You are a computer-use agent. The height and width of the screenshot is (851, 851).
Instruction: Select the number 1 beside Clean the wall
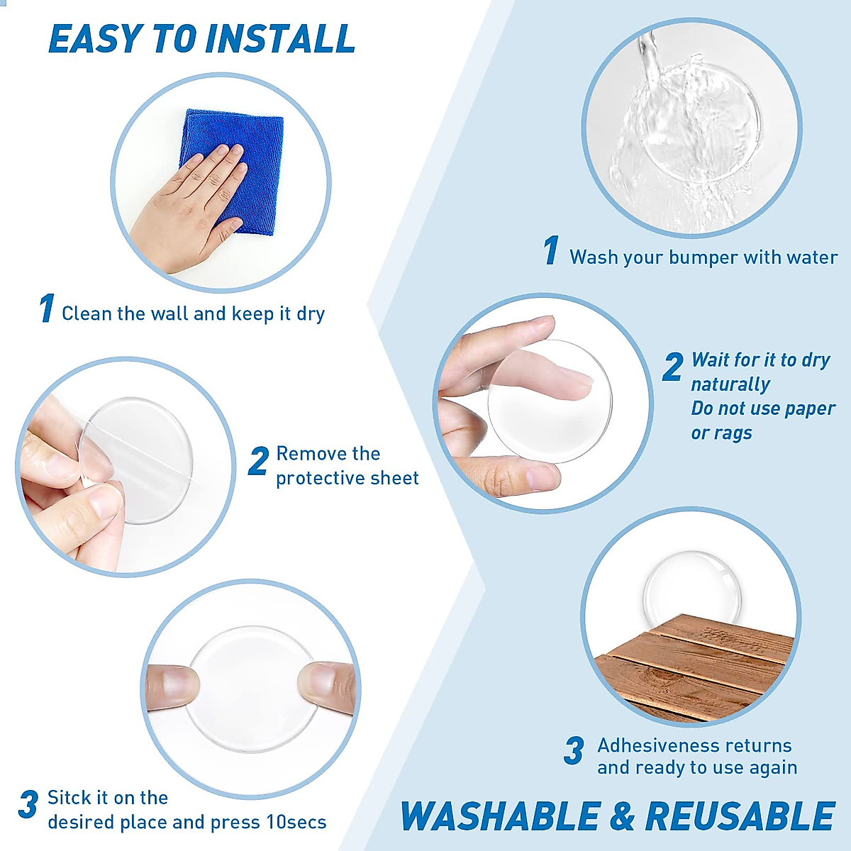point(47,308)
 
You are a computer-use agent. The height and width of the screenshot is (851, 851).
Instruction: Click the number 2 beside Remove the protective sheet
point(258,462)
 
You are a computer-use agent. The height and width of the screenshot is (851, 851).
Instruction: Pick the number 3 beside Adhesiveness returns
point(574,752)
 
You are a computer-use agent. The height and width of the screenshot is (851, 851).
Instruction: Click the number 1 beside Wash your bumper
point(551,251)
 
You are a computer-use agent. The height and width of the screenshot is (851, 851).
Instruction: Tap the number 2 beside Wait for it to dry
point(672,367)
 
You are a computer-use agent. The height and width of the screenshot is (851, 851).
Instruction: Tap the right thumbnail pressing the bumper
point(319,683)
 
